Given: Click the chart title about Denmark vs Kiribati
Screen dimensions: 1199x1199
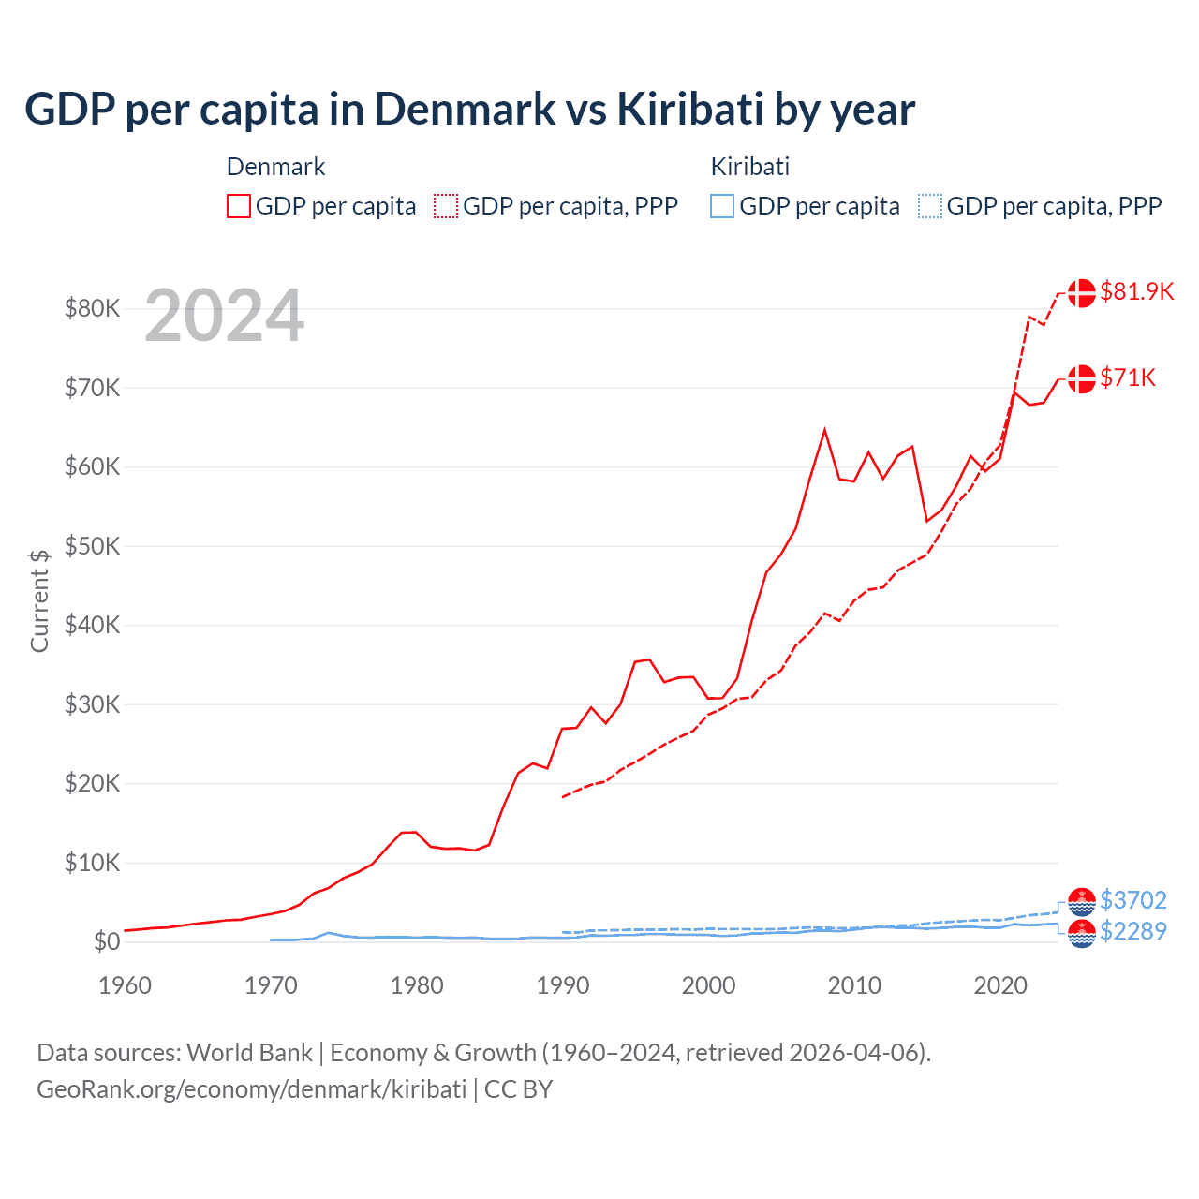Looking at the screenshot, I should click(x=469, y=110).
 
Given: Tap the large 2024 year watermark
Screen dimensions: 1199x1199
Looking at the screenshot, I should click(x=224, y=317).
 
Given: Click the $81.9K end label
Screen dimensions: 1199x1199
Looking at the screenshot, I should click(x=1136, y=291).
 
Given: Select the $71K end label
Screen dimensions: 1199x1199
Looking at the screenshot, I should click(x=1128, y=377).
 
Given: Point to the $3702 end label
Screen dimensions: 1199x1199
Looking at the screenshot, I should click(x=1132, y=900).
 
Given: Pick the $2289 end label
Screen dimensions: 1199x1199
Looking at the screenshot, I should click(x=1132, y=931).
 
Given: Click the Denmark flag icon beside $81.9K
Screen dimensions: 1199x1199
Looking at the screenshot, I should click(x=1082, y=292).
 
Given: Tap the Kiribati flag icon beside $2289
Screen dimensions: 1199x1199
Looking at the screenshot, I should click(x=1082, y=934).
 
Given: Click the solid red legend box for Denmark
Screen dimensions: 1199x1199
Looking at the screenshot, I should click(x=239, y=206).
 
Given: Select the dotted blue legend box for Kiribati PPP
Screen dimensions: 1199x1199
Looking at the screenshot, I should click(x=930, y=206).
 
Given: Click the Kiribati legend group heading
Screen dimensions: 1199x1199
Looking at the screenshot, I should click(x=749, y=167).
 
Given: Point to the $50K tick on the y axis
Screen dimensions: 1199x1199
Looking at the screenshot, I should click(x=92, y=546).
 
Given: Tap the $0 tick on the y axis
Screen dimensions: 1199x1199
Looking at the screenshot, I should click(x=106, y=941).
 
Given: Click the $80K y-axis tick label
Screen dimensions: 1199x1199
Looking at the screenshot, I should click(x=92, y=308).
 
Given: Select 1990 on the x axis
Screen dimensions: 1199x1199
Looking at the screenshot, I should click(x=563, y=985).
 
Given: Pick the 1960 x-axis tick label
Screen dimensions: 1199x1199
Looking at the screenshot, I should click(x=125, y=985).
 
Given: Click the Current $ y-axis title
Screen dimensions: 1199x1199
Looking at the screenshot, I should click(x=39, y=600).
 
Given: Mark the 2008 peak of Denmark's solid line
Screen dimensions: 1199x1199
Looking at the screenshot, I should click(x=824, y=430).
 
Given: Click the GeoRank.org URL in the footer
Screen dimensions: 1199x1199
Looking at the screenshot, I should click(x=251, y=1089).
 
